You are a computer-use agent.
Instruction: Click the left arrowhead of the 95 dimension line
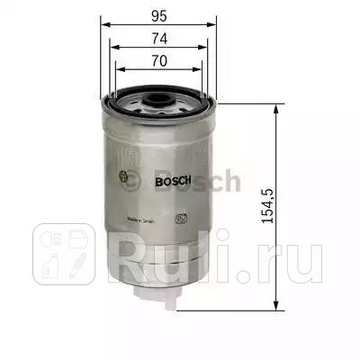[x=101, y=22]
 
